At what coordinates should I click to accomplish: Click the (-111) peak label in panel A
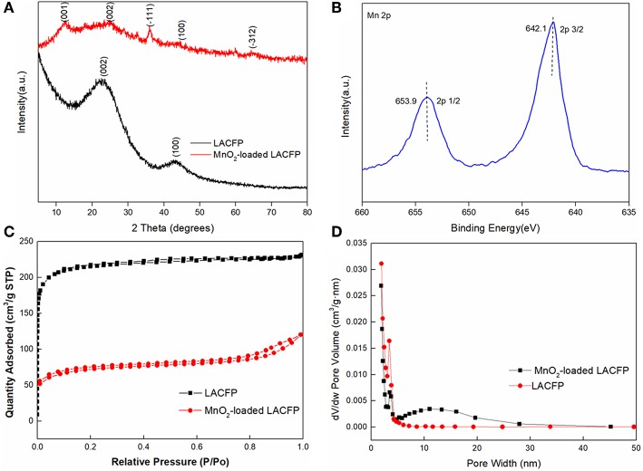pyautogui.click(x=151, y=14)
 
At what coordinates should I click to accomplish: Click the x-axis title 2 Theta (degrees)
pyautogui.click(x=170, y=223)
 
